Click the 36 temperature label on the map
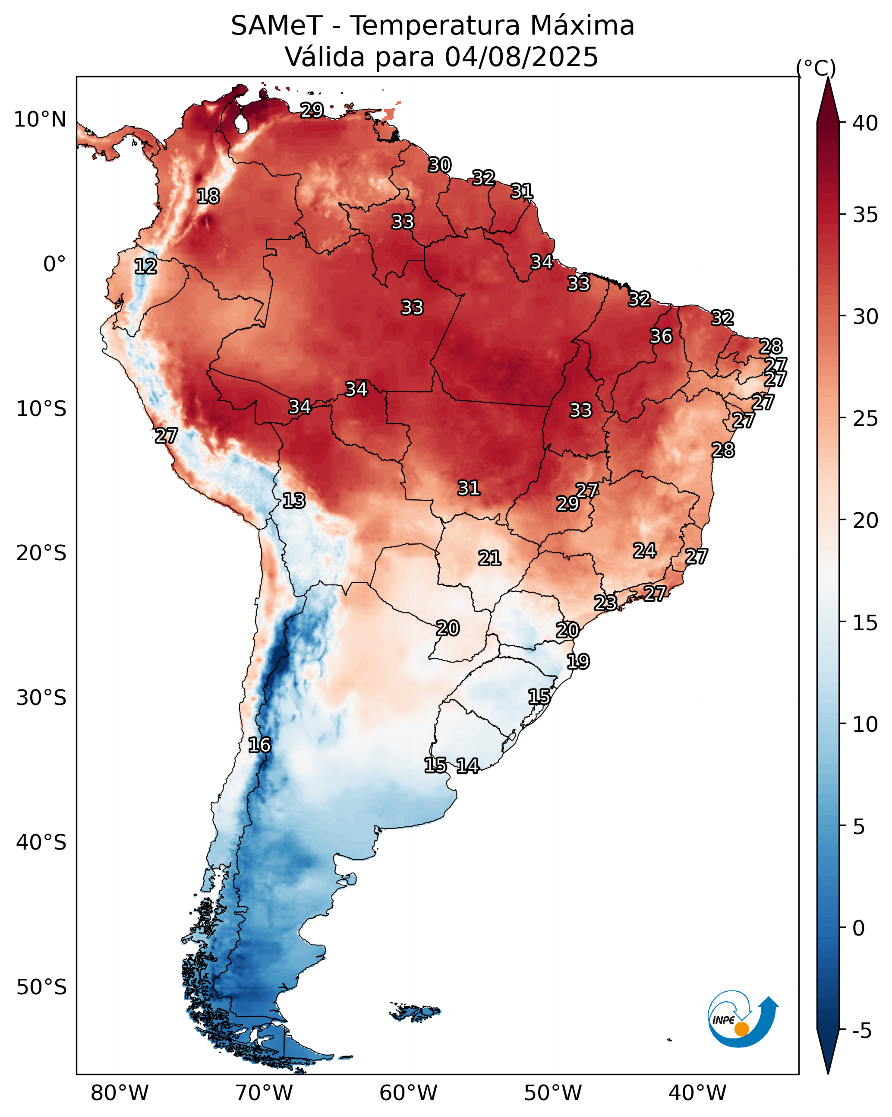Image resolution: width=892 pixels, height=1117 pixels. pyautogui.click(x=661, y=336)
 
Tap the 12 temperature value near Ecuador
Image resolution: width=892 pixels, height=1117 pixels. pyautogui.click(x=145, y=267)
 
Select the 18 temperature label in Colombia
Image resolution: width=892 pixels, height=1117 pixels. pyautogui.click(x=208, y=197)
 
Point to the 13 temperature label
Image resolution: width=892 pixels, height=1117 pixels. pyautogui.click(x=294, y=501)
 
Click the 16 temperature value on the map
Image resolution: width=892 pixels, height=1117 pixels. pyautogui.click(x=259, y=745)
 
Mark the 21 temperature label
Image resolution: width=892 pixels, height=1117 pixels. pyautogui.click(x=489, y=558)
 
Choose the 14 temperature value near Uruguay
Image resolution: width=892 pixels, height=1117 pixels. pyautogui.click(x=467, y=766)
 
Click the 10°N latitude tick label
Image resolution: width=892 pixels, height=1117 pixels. pyautogui.click(x=40, y=120)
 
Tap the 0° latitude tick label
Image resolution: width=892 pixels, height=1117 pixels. pyautogui.click(x=54, y=264)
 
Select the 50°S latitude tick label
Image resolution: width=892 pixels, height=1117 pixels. pyautogui.click(x=41, y=987)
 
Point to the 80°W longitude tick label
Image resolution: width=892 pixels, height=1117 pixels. pyautogui.click(x=120, y=1093)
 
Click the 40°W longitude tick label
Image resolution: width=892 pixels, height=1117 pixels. pyautogui.click(x=697, y=1093)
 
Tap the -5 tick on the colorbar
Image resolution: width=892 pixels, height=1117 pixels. pyautogui.click(x=861, y=1031)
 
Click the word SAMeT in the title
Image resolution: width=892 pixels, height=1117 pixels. pyautogui.click(x=277, y=25)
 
